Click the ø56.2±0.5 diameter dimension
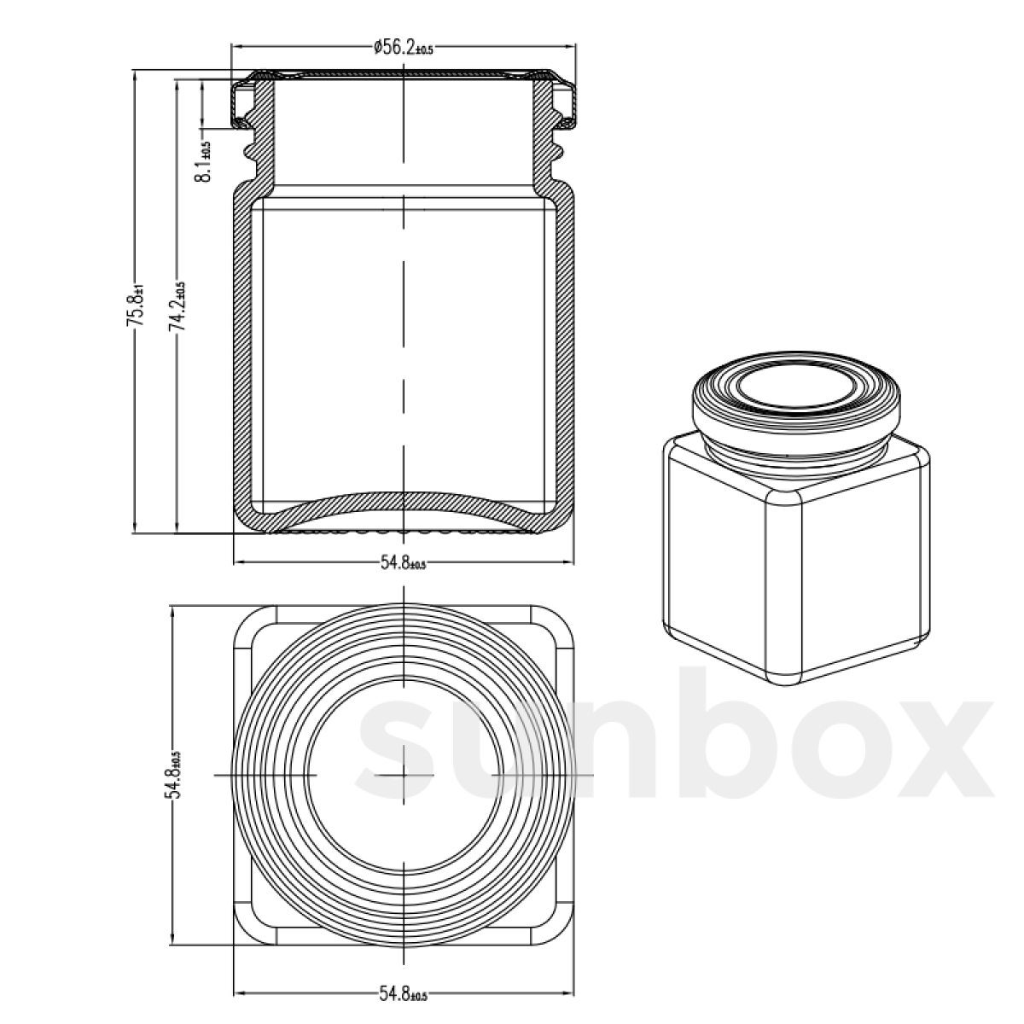403,48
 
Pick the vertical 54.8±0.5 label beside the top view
174,774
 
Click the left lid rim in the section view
241,102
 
